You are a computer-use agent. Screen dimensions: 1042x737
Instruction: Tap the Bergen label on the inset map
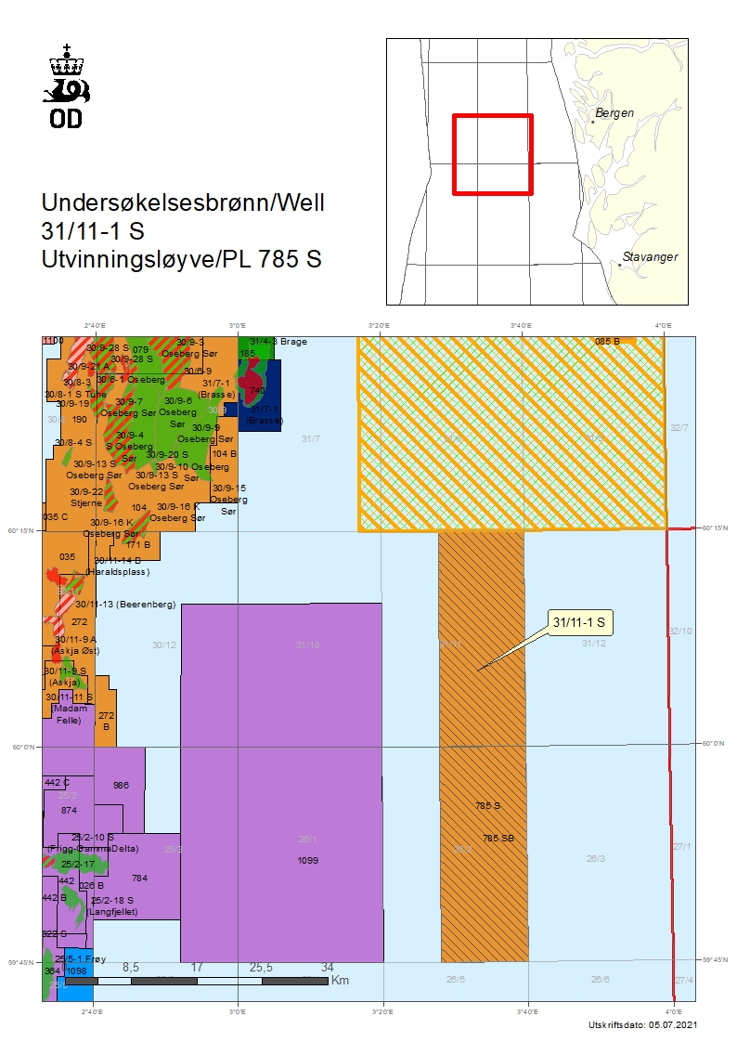614,113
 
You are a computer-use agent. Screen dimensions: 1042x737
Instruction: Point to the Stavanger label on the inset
650,256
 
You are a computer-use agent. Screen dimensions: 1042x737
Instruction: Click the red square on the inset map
492,154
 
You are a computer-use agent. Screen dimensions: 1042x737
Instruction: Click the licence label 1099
307,861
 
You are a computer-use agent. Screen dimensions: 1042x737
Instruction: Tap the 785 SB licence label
498,839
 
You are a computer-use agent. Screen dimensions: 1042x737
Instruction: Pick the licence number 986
121,786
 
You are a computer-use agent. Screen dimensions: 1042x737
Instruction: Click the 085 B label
607,342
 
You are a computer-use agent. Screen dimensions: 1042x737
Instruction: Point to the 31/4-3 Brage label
278,342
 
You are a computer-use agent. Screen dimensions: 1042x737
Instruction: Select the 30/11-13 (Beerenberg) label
125,605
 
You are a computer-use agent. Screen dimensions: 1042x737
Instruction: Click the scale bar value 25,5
261,968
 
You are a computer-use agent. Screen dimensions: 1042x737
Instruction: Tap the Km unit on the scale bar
340,981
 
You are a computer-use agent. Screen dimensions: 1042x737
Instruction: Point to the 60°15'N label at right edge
713,528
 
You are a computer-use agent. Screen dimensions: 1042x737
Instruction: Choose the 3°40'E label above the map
521,325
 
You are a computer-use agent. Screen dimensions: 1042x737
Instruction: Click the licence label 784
139,878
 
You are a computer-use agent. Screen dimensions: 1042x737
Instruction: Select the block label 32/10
679,632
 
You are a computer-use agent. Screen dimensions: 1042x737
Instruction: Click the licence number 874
69,811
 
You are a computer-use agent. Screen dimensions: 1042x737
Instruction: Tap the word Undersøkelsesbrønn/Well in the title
183,202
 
